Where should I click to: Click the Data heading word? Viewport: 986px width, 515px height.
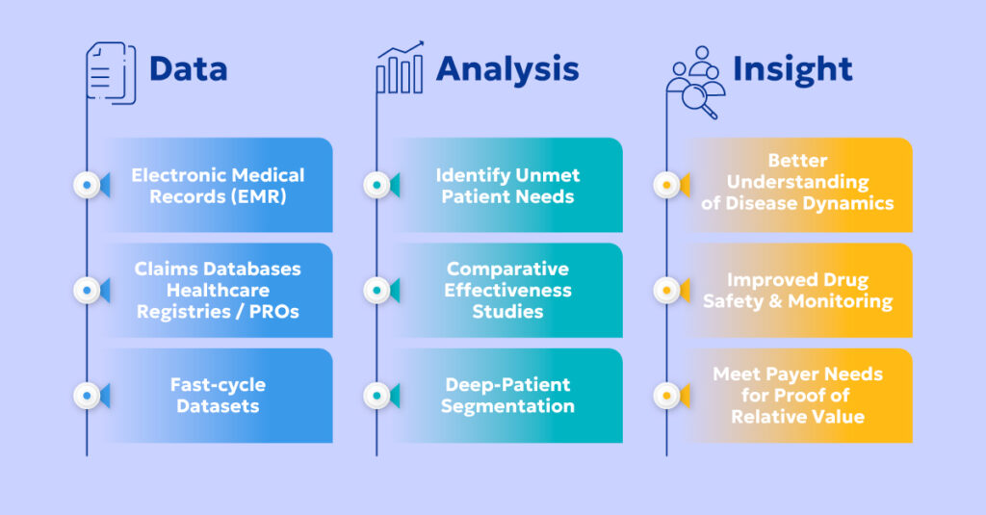click(188, 69)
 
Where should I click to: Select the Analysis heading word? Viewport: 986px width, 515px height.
click(507, 69)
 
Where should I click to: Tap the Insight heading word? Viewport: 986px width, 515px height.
click(792, 69)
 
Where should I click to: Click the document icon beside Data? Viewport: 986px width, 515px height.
click(111, 70)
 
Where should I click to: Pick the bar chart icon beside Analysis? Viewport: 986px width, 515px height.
click(400, 68)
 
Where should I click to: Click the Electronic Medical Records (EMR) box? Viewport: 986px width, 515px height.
click(218, 185)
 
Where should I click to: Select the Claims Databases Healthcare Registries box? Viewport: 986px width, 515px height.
click(218, 290)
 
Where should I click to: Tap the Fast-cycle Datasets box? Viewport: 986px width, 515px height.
click(218, 395)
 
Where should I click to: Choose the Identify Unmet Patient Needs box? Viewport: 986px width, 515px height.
click(507, 185)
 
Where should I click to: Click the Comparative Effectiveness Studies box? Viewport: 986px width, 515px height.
click(507, 290)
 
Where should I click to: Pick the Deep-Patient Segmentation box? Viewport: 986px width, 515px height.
click(507, 395)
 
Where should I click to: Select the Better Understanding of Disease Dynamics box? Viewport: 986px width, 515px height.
click(797, 185)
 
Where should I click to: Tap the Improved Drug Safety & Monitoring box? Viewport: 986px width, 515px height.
click(797, 290)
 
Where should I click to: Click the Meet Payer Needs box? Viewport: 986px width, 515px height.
click(797, 395)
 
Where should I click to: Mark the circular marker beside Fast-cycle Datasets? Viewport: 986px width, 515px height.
click(87, 395)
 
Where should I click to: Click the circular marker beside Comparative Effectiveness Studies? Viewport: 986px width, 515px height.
click(376, 290)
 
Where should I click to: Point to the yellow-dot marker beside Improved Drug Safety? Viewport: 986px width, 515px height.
click(666, 290)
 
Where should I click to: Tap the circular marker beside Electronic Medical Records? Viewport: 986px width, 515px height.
click(87, 185)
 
